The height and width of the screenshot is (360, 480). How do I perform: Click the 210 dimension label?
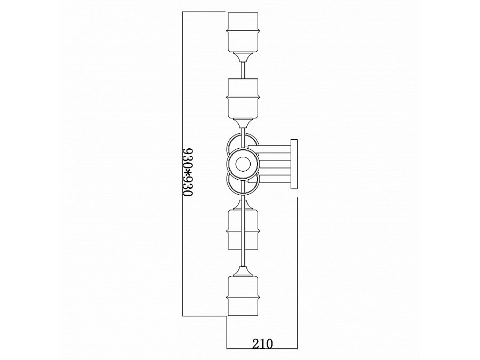tap(262, 344)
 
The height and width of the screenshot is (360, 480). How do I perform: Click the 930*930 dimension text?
tap(187, 172)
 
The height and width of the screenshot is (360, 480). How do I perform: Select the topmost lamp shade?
tap(243, 32)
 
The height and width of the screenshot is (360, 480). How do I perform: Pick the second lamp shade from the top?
tap(243, 98)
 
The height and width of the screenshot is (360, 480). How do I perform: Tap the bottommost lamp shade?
tap(243, 295)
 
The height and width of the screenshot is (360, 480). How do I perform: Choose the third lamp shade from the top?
tap(243, 229)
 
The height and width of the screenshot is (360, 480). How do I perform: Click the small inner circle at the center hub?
tap(243, 165)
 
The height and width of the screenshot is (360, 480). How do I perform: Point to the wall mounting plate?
tap(294, 164)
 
